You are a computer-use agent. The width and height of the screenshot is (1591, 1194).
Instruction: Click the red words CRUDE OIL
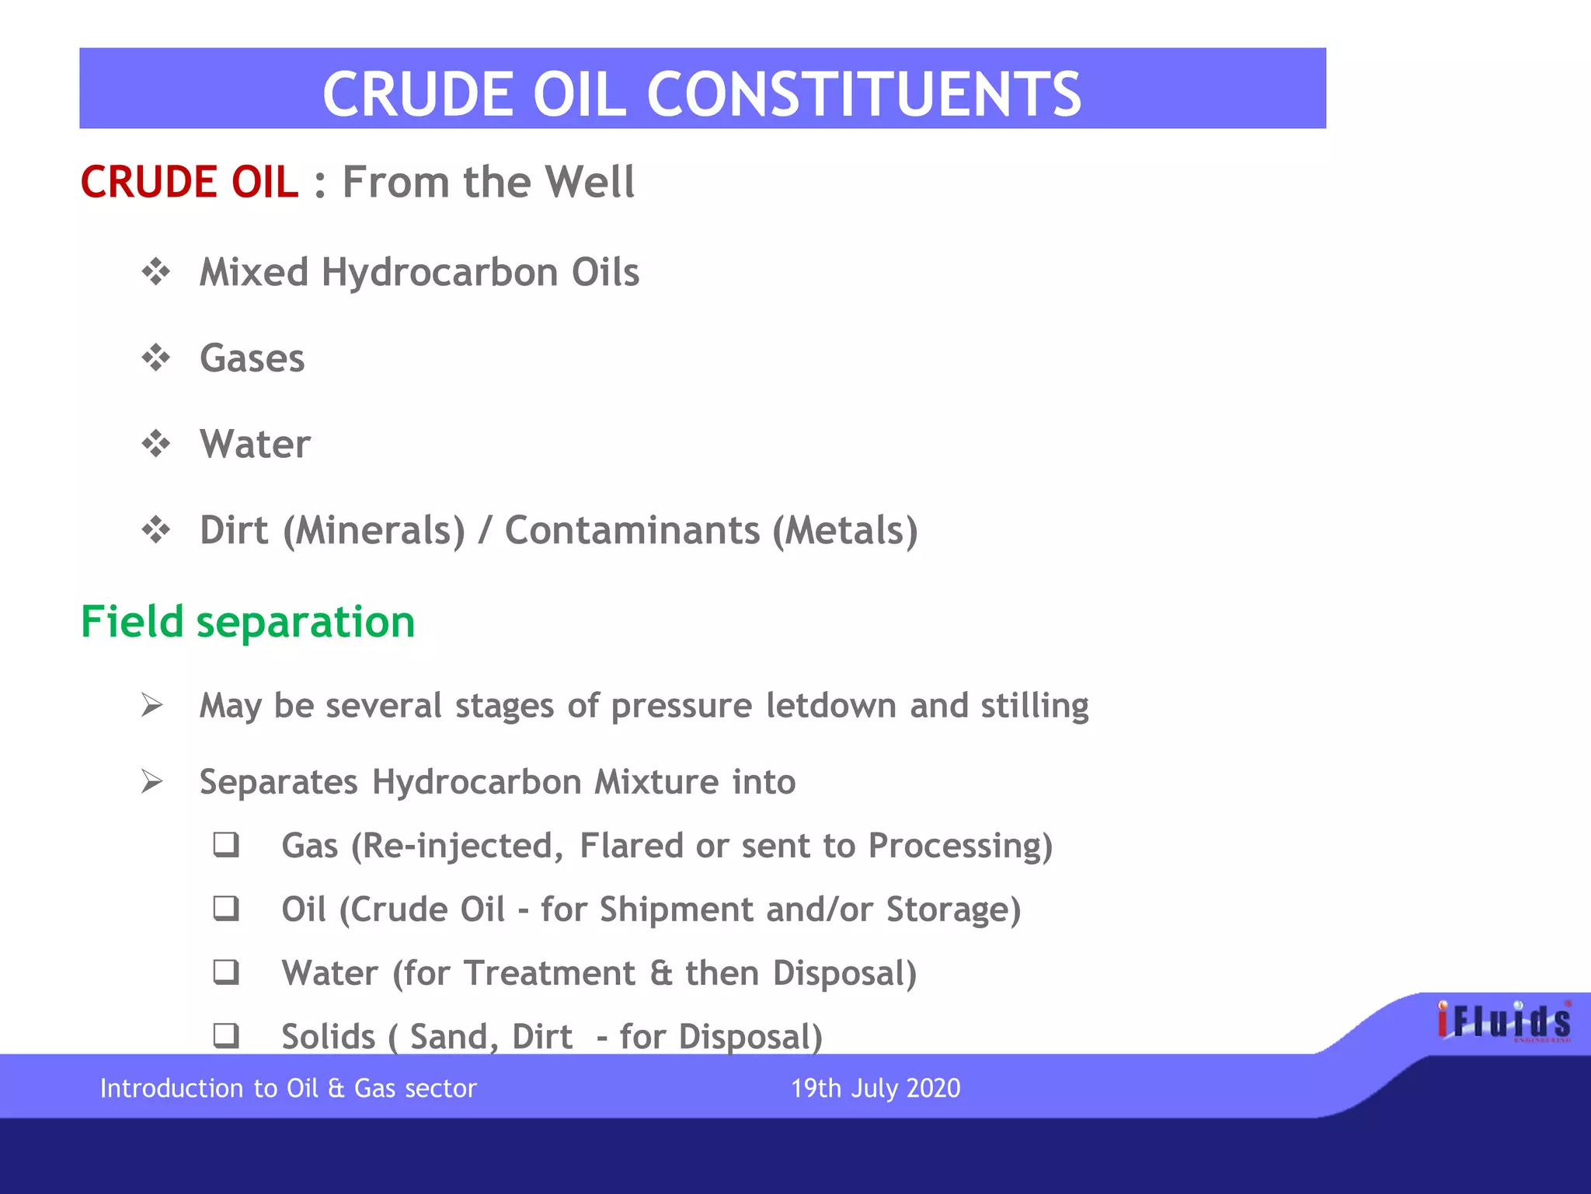click(x=189, y=183)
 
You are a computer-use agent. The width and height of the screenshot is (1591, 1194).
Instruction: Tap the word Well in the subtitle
click(x=590, y=183)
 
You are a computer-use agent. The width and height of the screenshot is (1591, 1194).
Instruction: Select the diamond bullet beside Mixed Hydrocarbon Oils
click(x=155, y=272)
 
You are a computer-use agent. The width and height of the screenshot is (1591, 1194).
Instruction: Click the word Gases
click(x=252, y=358)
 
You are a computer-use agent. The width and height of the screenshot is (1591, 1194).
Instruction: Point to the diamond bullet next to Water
click(x=155, y=444)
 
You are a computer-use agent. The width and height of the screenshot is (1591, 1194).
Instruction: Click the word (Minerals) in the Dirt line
click(x=374, y=531)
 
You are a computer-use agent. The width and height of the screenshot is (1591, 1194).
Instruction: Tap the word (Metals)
click(x=844, y=531)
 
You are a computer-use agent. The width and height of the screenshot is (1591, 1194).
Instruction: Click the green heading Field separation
click(x=248, y=622)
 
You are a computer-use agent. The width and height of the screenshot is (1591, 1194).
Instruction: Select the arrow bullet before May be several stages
click(x=151, y=705)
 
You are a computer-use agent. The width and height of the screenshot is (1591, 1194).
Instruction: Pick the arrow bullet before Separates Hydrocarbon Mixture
click(x=151, y=781)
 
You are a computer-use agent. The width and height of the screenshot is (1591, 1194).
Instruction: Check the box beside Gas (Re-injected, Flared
click(x=226, y=844)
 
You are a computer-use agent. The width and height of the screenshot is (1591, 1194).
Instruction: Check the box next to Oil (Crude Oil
click(x=226, y=908)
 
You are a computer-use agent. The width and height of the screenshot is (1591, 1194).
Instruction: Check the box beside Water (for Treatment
click(x=226, y=972)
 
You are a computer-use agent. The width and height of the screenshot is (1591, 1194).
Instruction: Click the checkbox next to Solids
click(x=226, y=1035)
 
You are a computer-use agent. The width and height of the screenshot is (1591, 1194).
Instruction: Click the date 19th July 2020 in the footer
click(x=876, y=1088)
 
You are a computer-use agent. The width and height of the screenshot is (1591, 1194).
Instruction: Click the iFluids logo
click(x=1503, y=1021)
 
